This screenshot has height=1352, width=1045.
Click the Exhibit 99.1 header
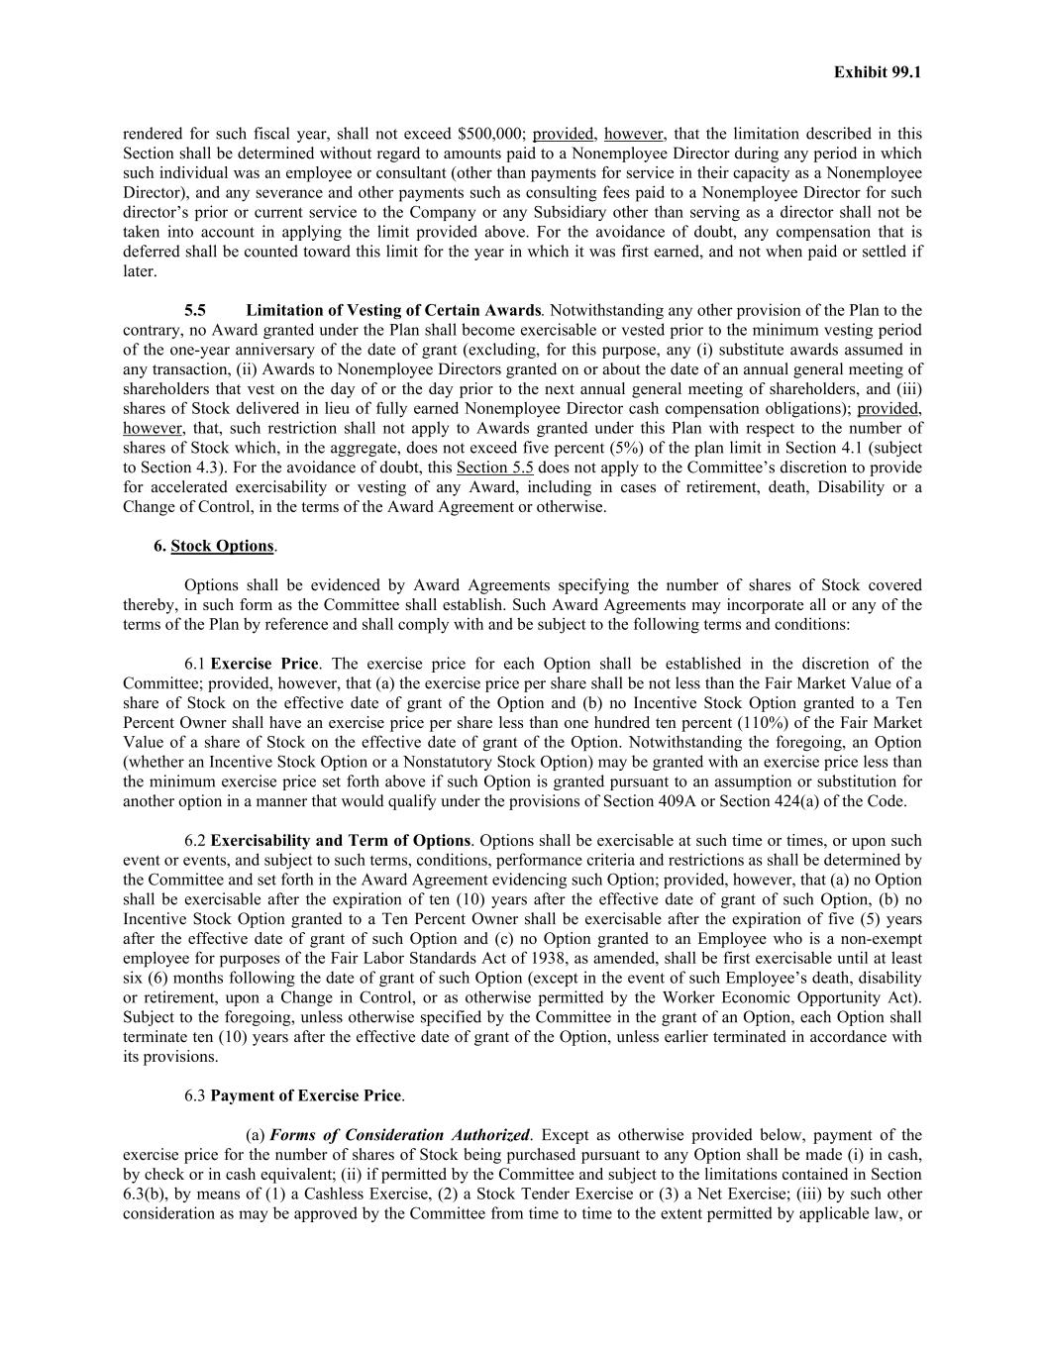coord(877,72)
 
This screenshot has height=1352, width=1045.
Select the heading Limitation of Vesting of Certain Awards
coord(393,310)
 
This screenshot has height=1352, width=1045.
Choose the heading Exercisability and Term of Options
coord(341,841)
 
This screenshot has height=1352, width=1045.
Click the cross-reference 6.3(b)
coord(147,1194)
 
